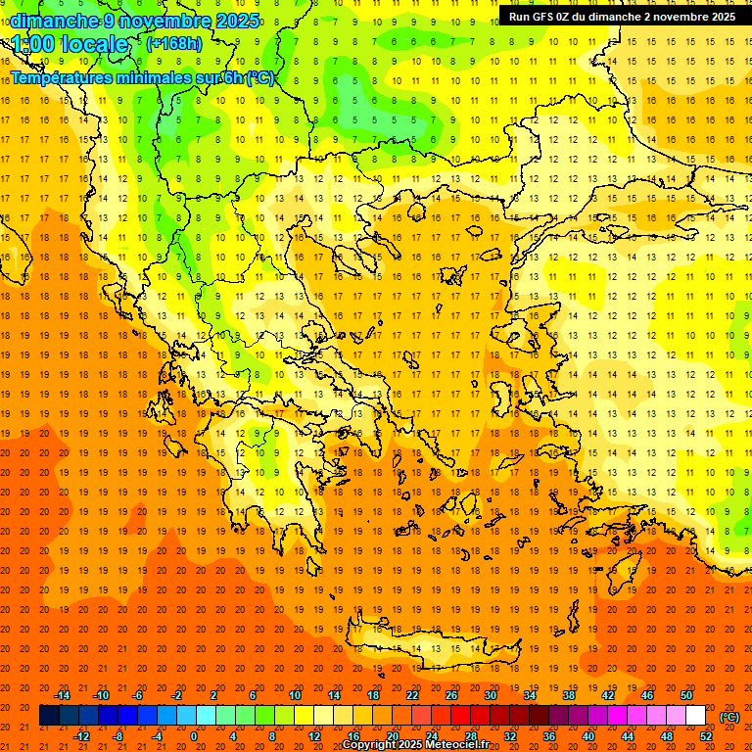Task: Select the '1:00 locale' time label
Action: click(x=70, y=44)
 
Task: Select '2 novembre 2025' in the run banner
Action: click(x=689, y=17)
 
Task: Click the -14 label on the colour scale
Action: click(x=62, y=695)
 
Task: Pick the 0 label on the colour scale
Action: click(x=193, y=736)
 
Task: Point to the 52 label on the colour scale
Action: click(x=705, y=736)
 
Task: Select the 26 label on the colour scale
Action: click(x=451, y=695)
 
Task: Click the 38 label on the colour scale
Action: click(x=569, y=695)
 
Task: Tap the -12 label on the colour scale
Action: click(x=81, y=736)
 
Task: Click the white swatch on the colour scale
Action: click(x=695, y=716)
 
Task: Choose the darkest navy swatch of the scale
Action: click(x=49, y=716)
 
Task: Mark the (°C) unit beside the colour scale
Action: click(x=729, y=716)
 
